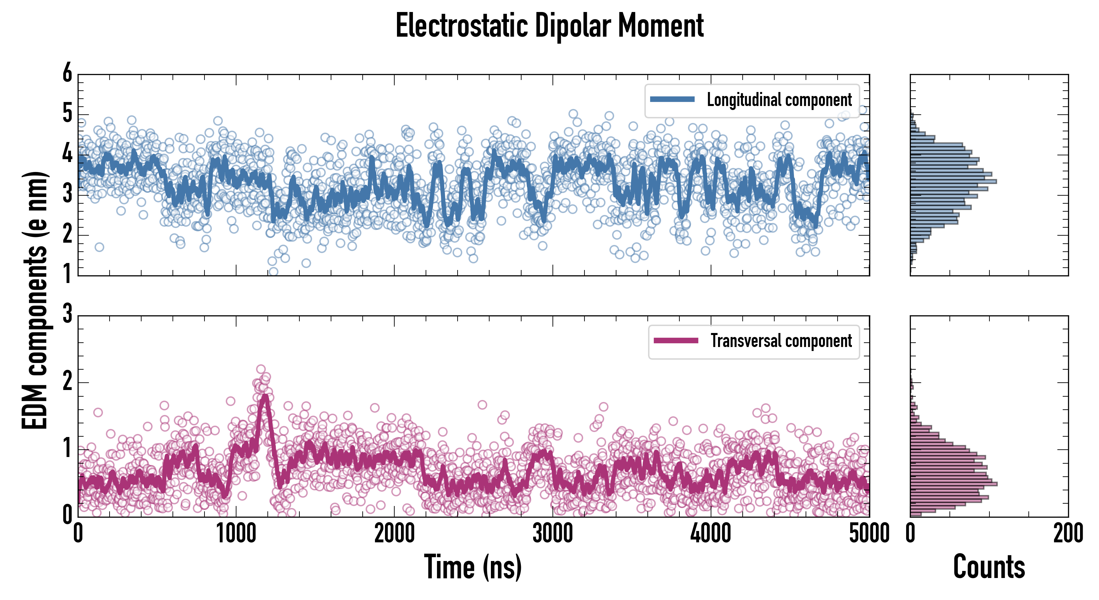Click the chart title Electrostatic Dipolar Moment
click(549, 26)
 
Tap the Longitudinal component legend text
click(779, 100)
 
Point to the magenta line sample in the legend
click(676, 341)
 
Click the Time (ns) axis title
click(473, 567)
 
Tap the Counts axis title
click(989, 567)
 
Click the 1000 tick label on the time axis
click(236, 534)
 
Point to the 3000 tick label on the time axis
click(552, 534)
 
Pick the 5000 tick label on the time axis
click(869, 534)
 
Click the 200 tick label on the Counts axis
click(1068, 534)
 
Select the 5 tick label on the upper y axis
click(67, 114)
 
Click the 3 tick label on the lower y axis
click(67, 314)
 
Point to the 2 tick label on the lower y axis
click(67, 381)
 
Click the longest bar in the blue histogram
click(953, 181)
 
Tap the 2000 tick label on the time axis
click(394, 534)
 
